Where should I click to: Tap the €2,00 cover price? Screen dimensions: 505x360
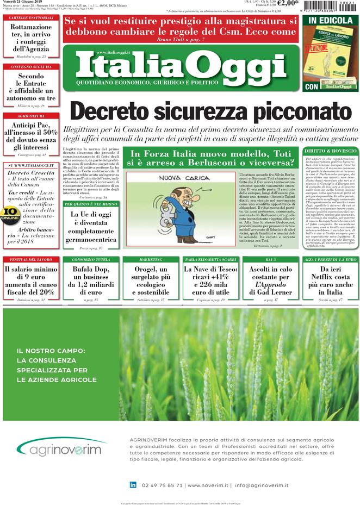(x=287, y=4)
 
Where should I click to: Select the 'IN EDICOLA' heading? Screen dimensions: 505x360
(x=330, y=20)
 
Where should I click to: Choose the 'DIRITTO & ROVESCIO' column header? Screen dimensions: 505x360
(x=330, y=151)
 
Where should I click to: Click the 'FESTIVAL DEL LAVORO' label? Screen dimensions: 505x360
(x=30, y=260)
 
